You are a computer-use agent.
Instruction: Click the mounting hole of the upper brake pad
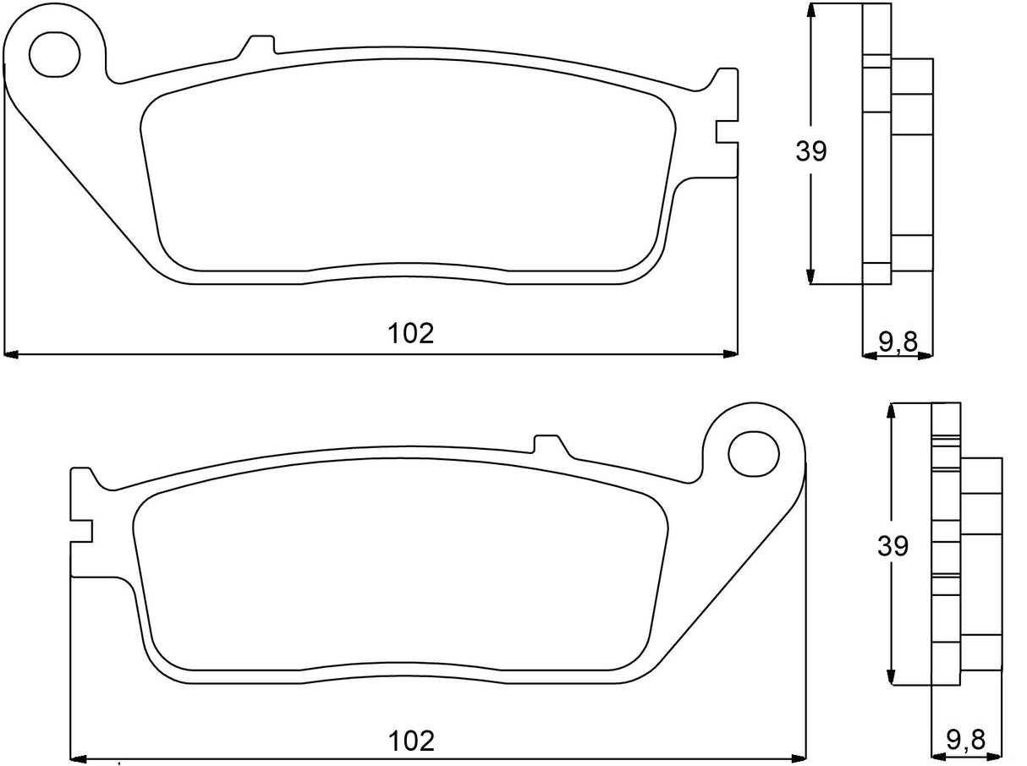[x=55, y=53]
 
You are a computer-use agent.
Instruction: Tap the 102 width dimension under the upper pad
[x=411, y=333]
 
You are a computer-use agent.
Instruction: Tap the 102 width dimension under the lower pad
[x=411, y=741]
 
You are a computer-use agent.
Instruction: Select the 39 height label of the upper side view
[x=810, y=151]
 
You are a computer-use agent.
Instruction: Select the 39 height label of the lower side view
[x=892, y=546]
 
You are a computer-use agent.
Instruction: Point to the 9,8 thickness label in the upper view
[x=898, y=342]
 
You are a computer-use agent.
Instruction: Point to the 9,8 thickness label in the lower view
[x=965, y=741]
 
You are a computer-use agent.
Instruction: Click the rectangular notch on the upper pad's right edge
[x=725, y=133]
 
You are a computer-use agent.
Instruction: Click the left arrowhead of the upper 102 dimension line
[x=12, y=353]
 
